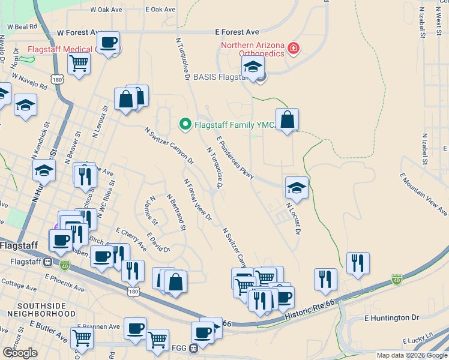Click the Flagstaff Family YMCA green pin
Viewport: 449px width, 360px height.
coord(185,125)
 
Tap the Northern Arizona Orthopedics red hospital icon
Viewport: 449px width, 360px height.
coord(293,48)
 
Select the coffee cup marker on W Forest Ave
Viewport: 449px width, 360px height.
coord(108,43)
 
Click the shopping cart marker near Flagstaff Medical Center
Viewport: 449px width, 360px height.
coord(79,64)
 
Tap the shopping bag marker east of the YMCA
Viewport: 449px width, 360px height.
coord(288,119)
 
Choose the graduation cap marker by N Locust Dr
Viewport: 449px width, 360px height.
coord(297,188)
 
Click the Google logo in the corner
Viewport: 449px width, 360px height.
coord(20,353)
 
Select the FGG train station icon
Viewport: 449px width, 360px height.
coord(193,348)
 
